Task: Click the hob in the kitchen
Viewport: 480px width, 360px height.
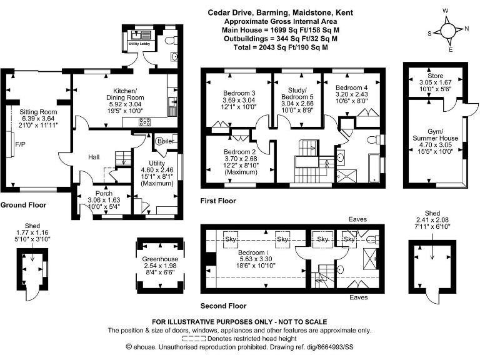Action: coord(145,121)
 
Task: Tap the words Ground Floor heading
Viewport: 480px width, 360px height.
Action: coord(22,204)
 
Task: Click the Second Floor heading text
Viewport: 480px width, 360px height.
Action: coord(223,306)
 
